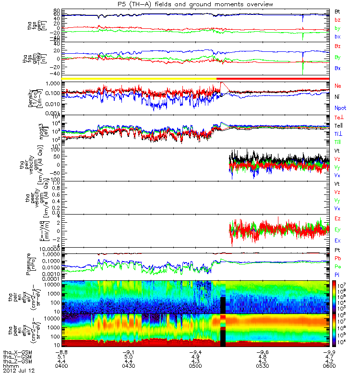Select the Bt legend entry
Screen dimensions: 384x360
coord(337,10)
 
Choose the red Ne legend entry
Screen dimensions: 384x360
coord(338,85)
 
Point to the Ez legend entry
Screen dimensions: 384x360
coord(338,219)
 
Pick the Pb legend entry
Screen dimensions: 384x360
coord(338,260)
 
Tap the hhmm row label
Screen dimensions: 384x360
coord(11,366)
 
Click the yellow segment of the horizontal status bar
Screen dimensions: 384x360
coord(139,78)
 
